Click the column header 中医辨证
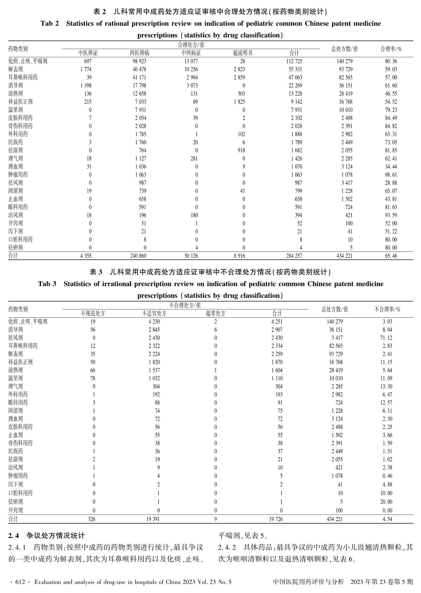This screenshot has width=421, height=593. (88, 53)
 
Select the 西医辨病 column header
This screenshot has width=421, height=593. (140, 53)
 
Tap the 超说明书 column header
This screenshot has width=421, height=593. (242, 53)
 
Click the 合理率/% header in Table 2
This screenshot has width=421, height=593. (391, 49)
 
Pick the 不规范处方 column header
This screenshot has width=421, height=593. (93, 313)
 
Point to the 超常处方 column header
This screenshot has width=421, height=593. (216, 313)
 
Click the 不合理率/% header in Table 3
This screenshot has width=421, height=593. (387, 309)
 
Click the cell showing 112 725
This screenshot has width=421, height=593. (294, 61)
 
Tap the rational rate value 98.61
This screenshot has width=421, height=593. (391, 175)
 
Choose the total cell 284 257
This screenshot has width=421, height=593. (294, 256)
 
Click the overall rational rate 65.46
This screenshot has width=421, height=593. (391, 256)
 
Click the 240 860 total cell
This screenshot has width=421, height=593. (138, 256)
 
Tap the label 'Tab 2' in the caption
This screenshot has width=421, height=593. (49, 24)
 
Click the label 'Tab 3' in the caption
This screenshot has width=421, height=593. (47, 284)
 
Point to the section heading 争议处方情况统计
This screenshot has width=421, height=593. (55, 535)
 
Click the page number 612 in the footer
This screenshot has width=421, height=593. (20, 582)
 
